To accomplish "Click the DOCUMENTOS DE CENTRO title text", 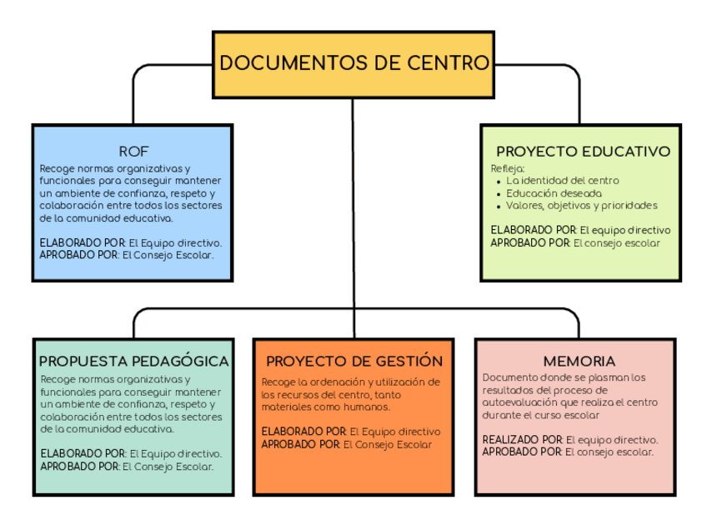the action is pyautogui.click(x=353, y=63).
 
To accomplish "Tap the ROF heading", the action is pyautogui.click(x=133, y=152).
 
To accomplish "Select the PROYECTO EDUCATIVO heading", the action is pyautogui.click(x=583, y=152).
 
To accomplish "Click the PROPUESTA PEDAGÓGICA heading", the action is pyautogui.click(x=133, y=362).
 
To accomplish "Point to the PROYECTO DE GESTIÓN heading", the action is pyautogui.click(x=354, y=362).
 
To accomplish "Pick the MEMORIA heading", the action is pyautogui.click(x=579, y=362).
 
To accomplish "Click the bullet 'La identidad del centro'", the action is pyautogui.click(x=563, y=180).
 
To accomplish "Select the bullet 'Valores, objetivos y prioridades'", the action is pyautogui.click(x=581, y=205).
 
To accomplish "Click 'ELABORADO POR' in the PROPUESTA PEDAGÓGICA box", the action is pyautogui.click(x=82, y=453).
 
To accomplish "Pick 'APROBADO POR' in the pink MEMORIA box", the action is pyautogui.click(x=521, y=452).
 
